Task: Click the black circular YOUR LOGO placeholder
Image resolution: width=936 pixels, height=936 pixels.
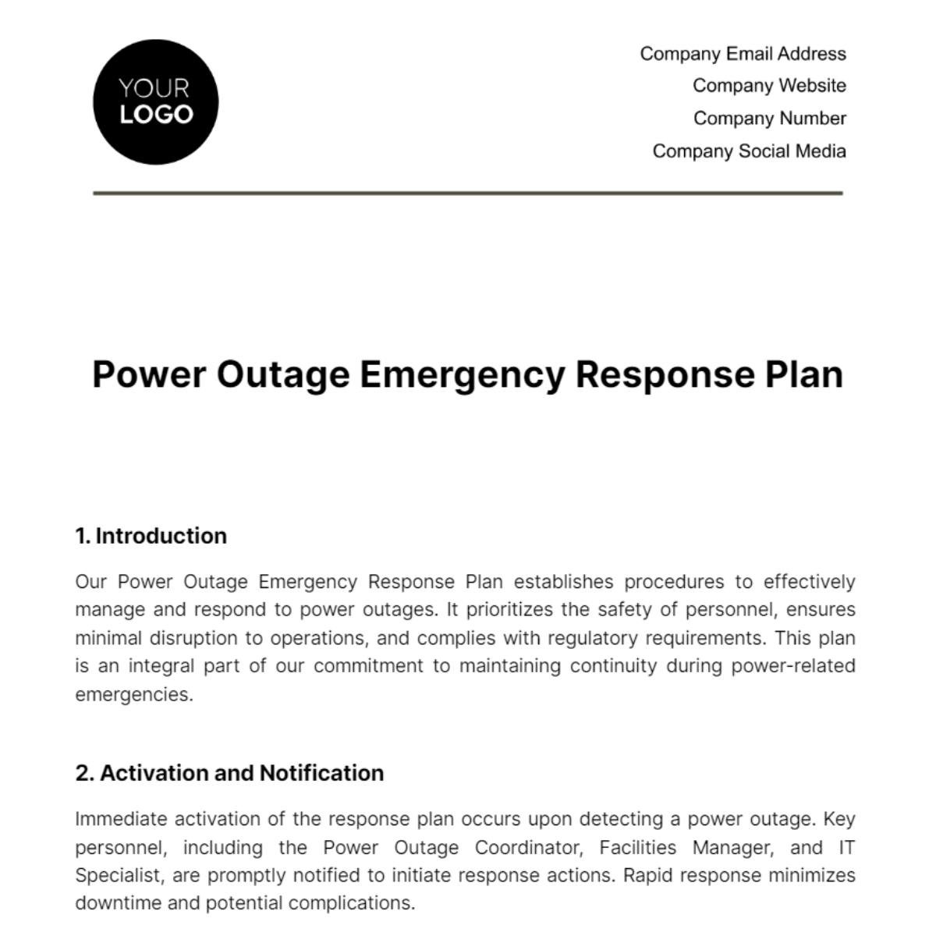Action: click(155, 102)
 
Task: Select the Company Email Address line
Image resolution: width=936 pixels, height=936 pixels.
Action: click(743, 54)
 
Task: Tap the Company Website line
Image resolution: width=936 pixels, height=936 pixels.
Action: click(769, 86)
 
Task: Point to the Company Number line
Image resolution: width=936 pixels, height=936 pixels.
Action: click(769, 119)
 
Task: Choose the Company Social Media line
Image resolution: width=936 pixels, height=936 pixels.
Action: click(749, 151)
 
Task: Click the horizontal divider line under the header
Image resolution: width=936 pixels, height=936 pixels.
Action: click(468, 193)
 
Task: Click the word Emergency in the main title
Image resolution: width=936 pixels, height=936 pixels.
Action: click(462, 375)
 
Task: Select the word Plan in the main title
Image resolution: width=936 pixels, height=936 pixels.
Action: click(799, 375)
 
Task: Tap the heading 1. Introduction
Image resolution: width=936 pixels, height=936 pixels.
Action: click(151, 536)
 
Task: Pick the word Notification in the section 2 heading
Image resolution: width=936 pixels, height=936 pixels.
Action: click(321, 773)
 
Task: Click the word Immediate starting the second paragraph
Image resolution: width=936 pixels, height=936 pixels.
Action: click(121, 819)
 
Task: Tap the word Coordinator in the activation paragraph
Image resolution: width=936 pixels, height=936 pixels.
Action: click(526, 847)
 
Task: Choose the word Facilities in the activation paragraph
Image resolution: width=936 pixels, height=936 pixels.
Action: click(638, 847)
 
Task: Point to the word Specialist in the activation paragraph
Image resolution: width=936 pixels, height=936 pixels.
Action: click(119, 875)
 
